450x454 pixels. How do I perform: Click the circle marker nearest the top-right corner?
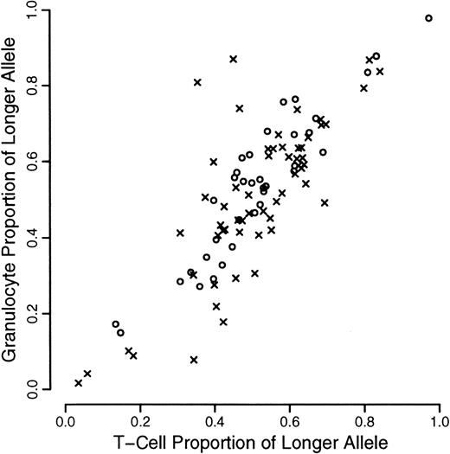429,18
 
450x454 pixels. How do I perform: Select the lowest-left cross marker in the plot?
79,382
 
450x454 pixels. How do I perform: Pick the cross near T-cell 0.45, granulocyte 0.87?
234,59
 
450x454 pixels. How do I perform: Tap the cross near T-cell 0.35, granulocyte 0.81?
197,82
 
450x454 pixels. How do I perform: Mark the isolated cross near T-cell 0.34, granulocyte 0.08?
194,359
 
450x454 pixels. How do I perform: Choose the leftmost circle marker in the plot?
116,324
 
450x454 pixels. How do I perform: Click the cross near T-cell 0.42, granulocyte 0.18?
223,322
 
